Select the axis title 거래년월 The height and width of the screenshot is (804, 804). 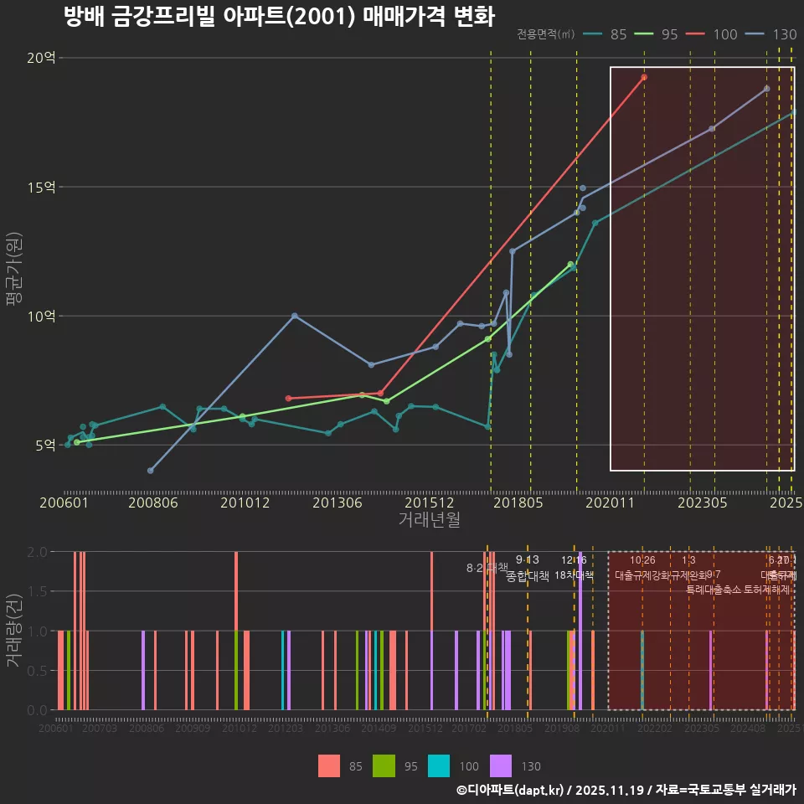429,519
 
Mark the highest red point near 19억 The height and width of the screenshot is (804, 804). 644,77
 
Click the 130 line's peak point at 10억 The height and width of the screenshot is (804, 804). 294,316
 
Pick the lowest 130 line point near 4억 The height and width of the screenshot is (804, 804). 151,471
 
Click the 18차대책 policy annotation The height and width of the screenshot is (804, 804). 575,575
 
